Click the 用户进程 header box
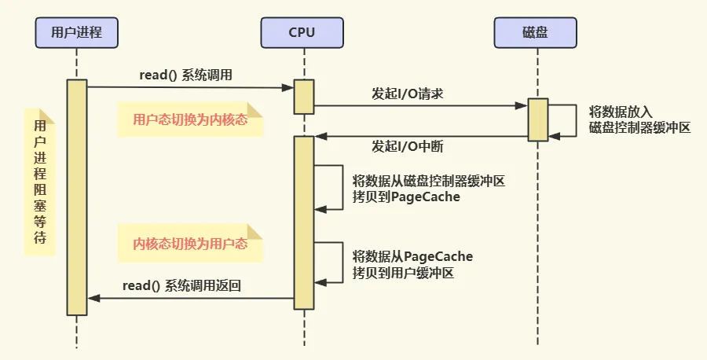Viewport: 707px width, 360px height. [77, 32]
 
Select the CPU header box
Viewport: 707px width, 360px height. [302, 32]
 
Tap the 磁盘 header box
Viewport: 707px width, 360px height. [535, 32]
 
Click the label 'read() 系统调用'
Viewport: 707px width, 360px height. [185, 75]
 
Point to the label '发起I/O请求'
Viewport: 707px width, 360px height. [408, 94]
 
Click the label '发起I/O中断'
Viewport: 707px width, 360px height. [408, 146]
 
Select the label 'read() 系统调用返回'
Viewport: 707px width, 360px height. [181, 285]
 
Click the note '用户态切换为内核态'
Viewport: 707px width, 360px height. [190, 119]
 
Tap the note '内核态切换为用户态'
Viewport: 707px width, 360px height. [190, 244]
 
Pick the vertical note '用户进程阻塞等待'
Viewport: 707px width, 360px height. [40, 182]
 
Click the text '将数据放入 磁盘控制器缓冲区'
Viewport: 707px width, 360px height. [639, 120]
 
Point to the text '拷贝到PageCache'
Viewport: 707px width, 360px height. [406, 197]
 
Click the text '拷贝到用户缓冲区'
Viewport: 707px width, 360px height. [403, 273]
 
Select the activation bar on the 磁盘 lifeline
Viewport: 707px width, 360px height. [538, 120]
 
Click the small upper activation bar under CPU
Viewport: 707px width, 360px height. [304, 97]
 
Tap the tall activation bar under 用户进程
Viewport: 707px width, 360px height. [77, 197]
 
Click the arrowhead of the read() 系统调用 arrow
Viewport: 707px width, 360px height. [288, 87]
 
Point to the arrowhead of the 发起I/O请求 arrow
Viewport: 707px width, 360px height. [522, 106]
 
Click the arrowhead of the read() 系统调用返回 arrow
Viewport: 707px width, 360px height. [93, 298]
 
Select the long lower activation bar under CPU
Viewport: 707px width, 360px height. [304, 223]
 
